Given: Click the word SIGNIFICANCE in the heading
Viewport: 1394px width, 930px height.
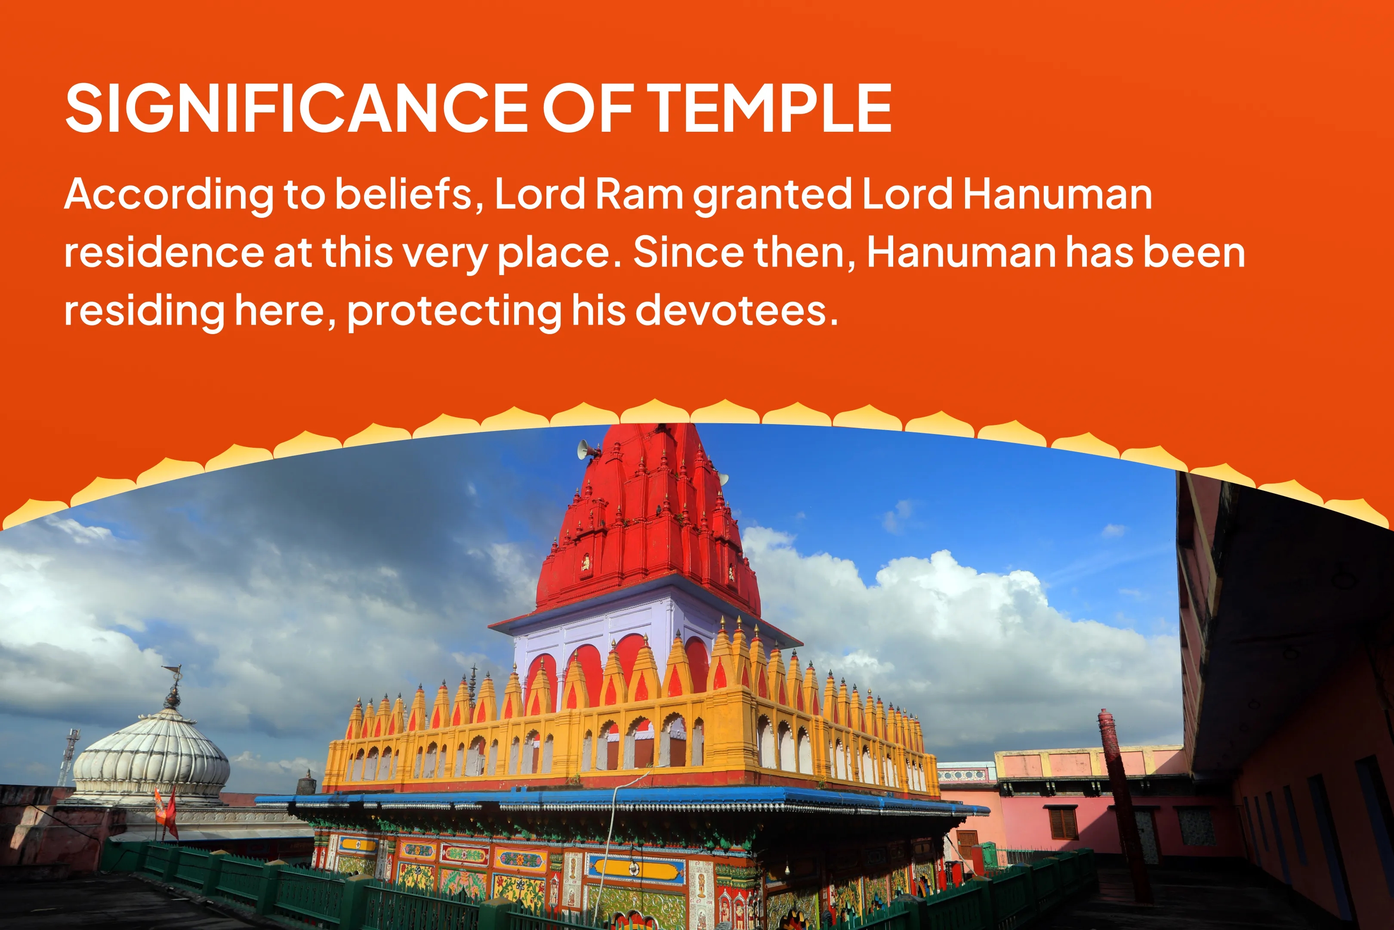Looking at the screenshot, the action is pos(296,108).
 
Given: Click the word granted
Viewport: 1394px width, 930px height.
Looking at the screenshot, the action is pos(772,196).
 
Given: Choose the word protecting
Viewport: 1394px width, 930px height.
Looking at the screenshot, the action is pos(454,311).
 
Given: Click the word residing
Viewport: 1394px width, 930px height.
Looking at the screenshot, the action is pos(144,311).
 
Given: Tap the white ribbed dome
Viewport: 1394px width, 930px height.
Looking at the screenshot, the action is pos(151,756).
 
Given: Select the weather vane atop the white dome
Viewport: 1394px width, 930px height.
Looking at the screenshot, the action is pos(173,685).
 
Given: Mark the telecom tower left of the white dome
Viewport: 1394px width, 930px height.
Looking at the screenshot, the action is pos(68,756).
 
